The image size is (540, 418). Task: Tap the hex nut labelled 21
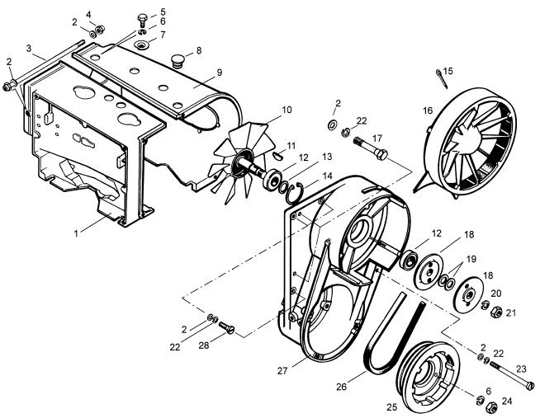[x=499, y=312]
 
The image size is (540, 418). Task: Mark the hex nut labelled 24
[x=487, y=406]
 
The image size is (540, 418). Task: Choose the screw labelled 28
[x=230, y=330]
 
